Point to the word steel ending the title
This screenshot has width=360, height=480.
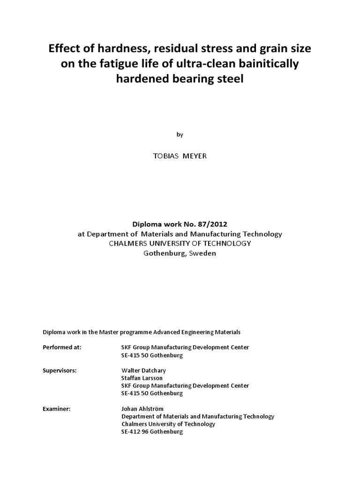click(x=230, y=79)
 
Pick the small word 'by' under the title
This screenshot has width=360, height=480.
click(x=180, y=135)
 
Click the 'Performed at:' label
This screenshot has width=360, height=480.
click(x=62, y=347)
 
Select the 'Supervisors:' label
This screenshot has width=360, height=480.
click(x=60, y=370)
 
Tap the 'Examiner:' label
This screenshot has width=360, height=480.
click(x=56, y=409)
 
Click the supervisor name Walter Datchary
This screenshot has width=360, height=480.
click(x=143, y=370)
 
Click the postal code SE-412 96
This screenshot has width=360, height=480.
click(x=135, y=432)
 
